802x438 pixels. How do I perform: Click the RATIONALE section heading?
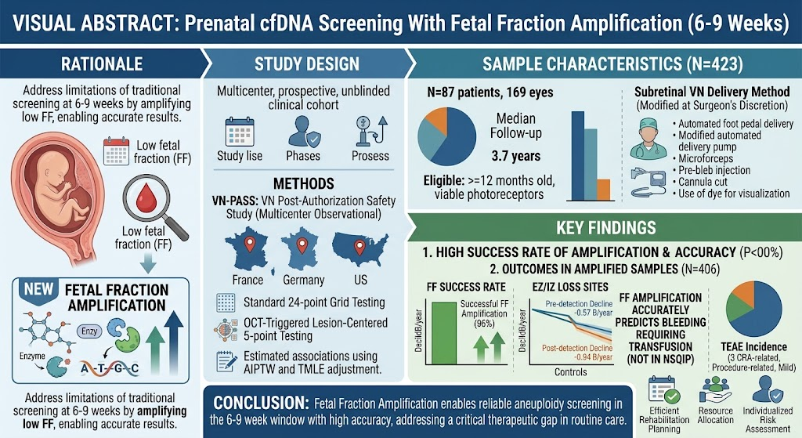[102, 63]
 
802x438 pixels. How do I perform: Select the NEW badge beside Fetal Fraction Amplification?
[38, 289]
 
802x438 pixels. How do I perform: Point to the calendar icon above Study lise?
[240, 132]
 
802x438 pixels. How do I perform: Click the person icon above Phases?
[303, 132]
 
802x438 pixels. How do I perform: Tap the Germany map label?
[304, 280]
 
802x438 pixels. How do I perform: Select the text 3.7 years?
[515, 156]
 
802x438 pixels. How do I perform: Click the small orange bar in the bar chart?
[604, 190]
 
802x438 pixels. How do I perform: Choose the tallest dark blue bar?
[577, 156]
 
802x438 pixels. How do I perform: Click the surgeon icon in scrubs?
[651, 139]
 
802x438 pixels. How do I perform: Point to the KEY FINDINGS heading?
[606, 228]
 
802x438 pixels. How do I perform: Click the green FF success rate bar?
[444, 333]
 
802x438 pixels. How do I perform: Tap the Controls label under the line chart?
[571, 372]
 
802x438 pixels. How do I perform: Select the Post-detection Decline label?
[577, 349]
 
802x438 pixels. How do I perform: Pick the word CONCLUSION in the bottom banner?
[261, 404]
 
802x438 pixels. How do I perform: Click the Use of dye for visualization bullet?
[732, 194]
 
